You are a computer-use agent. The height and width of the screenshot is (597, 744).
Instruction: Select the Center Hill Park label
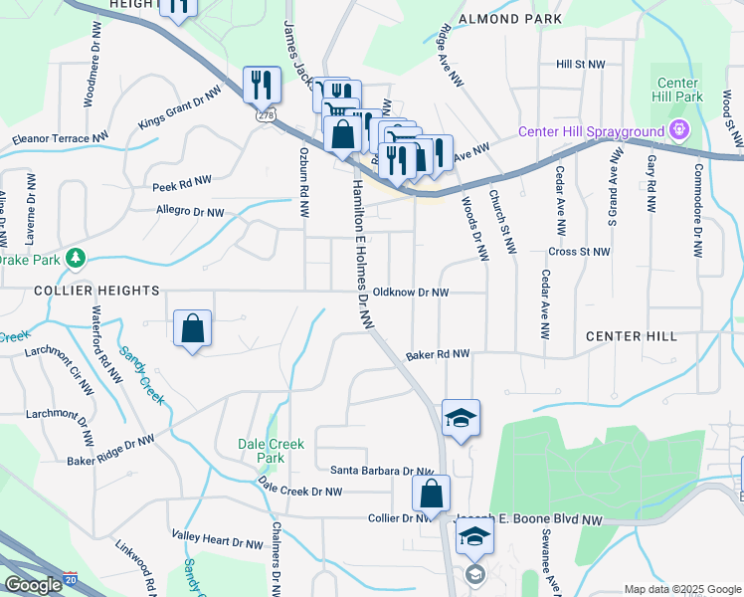[x=680, y=90]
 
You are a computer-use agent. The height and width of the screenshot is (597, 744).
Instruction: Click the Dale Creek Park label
[x=262, y=451]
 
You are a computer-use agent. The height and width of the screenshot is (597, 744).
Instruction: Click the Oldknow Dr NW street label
[x=418, y=293]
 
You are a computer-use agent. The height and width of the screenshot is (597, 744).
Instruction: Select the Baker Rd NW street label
[x=437, y=355]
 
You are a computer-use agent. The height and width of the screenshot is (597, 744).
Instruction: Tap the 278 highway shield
[x=266, y=115]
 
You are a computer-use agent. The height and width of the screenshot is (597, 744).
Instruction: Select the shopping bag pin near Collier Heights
[x=193, y=328]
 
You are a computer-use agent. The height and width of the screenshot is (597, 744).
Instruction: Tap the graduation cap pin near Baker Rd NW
[x=462, y=417]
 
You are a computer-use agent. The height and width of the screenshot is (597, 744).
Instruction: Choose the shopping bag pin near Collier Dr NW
[x=432, y=493]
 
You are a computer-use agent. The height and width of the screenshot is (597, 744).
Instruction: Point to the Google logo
[x=34, y=585]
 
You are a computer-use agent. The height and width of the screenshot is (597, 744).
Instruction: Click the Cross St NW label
[x=578, y=253]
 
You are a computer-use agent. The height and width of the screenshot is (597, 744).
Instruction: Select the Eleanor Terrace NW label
[x=60, y=140]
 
